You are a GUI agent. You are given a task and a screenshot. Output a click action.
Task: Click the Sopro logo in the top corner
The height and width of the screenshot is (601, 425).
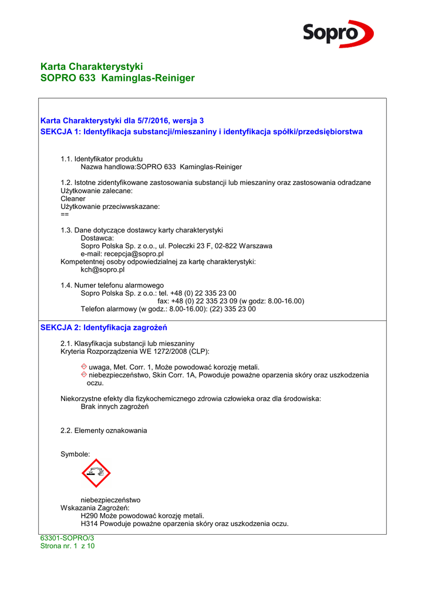[x=338, y=33]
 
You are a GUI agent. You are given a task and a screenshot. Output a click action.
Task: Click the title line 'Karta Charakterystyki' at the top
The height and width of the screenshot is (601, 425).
[x=92, y=66]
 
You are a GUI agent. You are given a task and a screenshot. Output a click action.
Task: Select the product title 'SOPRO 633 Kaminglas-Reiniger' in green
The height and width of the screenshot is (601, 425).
[x=117, y=78]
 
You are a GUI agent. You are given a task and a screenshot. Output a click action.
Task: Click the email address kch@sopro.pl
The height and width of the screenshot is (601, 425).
[x=102, y=270]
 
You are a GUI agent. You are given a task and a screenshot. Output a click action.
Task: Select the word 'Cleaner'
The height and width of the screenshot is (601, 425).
[x=73, y=199]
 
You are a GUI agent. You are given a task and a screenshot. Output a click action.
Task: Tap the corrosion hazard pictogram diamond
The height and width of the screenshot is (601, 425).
[x=96, y=473]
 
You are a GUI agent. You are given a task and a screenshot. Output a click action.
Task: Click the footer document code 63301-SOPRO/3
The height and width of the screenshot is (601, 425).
[x=67, y=538]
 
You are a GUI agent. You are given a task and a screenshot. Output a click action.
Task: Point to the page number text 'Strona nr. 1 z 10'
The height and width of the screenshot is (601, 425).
[x=67, y=546]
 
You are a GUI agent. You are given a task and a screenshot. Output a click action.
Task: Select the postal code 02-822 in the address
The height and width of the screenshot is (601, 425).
[x=225, y=246]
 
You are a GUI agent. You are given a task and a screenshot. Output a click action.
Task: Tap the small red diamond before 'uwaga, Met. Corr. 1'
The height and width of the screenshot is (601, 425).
[x=84, y=367]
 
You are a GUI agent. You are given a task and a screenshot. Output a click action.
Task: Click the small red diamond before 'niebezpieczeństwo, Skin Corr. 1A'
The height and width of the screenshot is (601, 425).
[x=84, y=374]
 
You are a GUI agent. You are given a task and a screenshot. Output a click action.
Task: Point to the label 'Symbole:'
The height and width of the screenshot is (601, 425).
[x=75, y=454]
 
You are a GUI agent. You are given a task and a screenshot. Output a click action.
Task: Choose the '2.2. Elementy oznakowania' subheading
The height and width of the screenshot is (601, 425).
[x=104, y=431]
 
